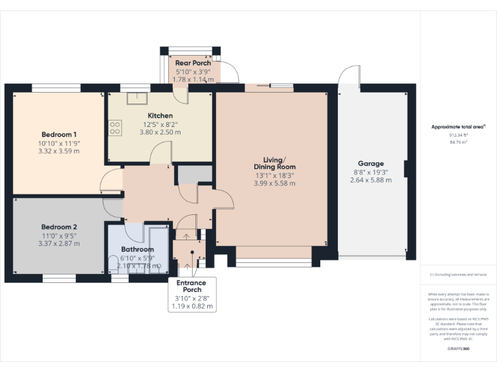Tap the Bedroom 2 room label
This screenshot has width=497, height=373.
pos(59,227)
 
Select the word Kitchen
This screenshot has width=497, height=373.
pos(160,115)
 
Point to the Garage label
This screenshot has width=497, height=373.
pos(371,164)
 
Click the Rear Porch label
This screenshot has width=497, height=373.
pos(193,63)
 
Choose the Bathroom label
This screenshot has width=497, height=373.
pos(138,249)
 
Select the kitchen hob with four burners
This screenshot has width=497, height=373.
pos(116,128)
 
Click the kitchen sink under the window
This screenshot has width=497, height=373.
pos(137,98)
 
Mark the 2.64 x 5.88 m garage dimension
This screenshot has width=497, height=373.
pos(371,181)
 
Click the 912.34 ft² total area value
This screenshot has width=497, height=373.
pos(458,135)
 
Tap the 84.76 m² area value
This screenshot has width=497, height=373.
pos(458,141)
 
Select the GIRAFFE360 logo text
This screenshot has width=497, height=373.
pos(458,349)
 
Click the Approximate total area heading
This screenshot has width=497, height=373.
pos(458,127)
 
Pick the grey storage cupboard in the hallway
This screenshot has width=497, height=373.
pos(195,174)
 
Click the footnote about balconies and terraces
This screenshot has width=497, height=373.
pos(458,275)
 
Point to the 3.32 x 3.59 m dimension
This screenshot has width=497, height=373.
pos(59,152)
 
